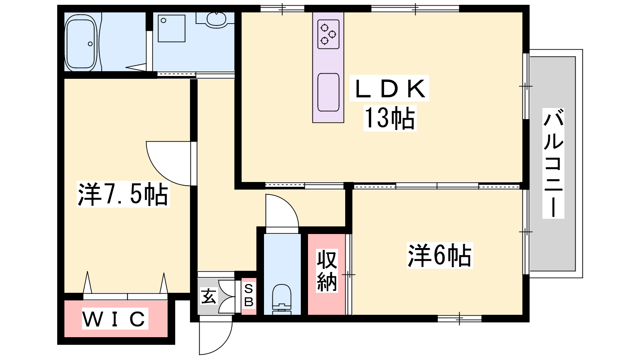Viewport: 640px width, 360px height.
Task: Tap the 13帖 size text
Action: tap(390, 118)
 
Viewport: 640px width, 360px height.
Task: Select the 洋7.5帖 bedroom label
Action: tap(123, 194)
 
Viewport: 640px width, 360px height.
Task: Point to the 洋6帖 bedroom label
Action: tap(440, 256)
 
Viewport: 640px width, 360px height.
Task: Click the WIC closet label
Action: tap(115, 318)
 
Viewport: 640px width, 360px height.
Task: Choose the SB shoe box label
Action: tap(249, 296)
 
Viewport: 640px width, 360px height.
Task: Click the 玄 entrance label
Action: tap(208, 296)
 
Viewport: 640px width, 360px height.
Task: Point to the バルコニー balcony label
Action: tap(554, 163)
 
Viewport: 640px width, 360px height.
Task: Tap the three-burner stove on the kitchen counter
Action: tap(328, 34)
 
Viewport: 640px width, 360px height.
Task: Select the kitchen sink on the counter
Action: tap(328, 92)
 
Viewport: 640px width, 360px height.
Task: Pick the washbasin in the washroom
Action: tap(216, 20)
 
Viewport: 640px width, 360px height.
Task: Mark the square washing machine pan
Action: tap(172, 28)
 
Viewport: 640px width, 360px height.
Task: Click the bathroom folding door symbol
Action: tap(136, 68)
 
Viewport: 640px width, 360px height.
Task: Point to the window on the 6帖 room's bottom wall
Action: tap(460, 318)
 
